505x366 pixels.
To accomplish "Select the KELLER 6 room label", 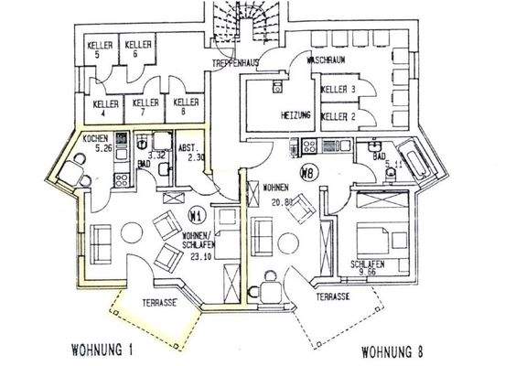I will [x=138, y=49].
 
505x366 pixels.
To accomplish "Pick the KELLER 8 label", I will [x=186, y=108].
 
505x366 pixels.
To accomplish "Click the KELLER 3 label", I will [x=338, y=90].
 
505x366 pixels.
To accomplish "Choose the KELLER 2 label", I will [x=338, y=117].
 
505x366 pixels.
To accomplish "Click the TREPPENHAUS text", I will [x=232, y=63].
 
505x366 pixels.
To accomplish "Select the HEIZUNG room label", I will [x=297, y=117].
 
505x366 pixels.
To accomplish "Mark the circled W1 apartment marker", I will [x=195, y=216].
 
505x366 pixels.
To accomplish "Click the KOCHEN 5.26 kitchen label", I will [x=96, y=143].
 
